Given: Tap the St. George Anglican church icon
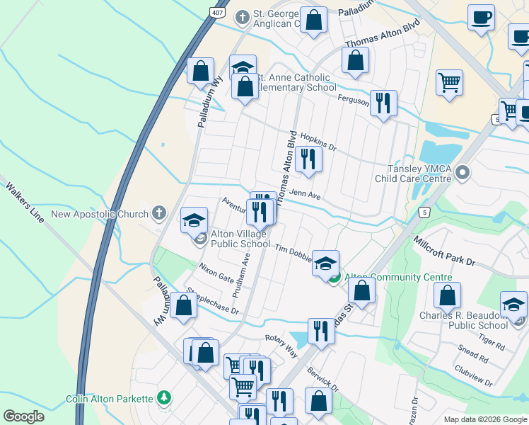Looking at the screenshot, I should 243,16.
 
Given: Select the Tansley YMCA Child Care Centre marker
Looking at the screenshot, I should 463,172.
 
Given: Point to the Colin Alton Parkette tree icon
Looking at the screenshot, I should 164,399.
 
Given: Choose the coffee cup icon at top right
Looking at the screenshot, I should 481,17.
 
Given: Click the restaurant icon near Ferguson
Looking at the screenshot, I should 383,103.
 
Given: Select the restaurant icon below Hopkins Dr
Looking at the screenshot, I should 308,159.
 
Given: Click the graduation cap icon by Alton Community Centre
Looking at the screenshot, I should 325,263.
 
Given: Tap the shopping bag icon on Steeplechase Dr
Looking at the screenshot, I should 184,307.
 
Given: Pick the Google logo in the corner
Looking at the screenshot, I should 23,416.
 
